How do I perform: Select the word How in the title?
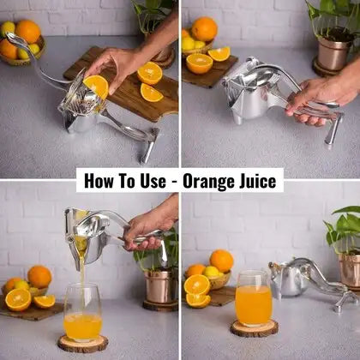click(97, 181)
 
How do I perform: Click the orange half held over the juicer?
click(96, 86)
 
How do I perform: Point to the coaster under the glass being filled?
click(82, 343)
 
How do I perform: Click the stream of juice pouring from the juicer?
click(82, 274)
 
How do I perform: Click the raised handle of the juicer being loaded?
click(34, 60)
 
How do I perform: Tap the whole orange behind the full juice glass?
click(222, 261)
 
